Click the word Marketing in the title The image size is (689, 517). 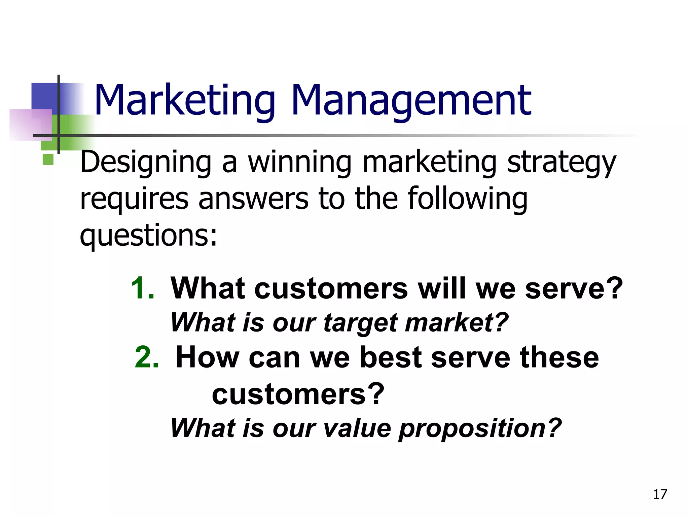[x=185, y=101]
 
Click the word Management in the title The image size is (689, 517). [x=411, y=101]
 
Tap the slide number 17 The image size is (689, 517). [x=660, y=494]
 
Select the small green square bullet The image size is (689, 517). [x=48, y=159]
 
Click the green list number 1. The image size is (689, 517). [x=142, y=288]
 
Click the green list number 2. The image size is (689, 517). [x=147, y=357]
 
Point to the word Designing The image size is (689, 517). [x=145, y=163]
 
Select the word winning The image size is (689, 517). [x=299, y=163]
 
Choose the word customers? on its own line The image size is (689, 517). [x=298, y=394]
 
